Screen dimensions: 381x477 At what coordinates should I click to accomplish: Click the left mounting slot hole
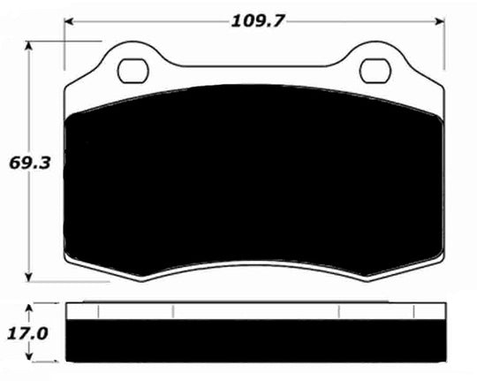133,68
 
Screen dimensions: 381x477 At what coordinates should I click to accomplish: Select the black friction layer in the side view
254,341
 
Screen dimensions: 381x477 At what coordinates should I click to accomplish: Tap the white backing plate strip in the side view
254,310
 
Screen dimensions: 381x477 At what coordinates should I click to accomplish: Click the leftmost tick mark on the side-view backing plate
99,311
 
